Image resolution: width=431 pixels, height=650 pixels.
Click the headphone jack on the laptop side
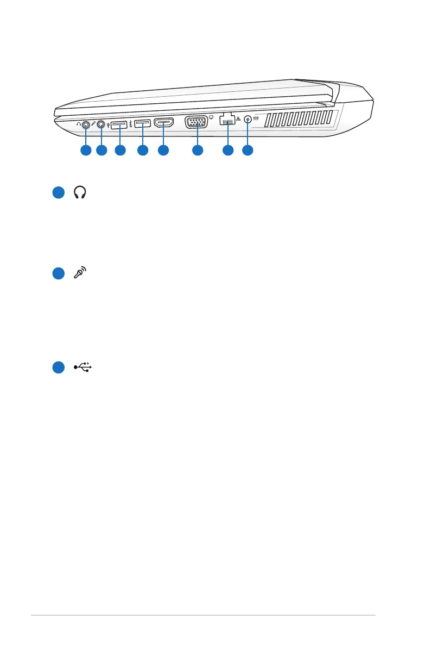(85, 124)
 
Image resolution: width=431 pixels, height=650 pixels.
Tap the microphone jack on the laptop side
(101, 124)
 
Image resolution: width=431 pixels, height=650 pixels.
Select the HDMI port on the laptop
(163, 123)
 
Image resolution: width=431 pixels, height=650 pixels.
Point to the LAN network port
(228, 122)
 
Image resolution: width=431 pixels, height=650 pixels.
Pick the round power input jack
(248, 121)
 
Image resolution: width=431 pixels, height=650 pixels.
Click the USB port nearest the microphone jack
(119, 124)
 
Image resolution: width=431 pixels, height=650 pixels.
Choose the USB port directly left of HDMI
(142, 124)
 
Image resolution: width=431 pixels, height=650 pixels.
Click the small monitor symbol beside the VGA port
(211, 116)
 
